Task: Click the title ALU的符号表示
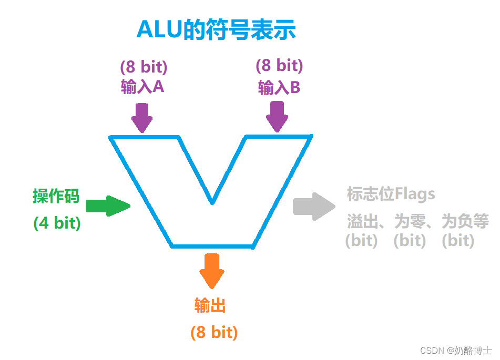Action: [x=216, y=30]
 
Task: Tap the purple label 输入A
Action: [x=142, y=86]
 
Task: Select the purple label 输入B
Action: [x=279, y=87]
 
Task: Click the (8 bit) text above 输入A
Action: [x=143, y=67]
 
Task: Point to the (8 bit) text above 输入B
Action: [x=279, y=66]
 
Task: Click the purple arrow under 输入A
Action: [x=142, y=118]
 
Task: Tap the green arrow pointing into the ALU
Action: [x=107, y=206]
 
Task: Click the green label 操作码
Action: [x=56, y=197]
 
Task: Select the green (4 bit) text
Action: [x=57, y=223]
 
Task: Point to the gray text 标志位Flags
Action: [x=391, y=194]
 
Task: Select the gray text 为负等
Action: [x=465, y=221]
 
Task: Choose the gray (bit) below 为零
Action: [x=410, y=241]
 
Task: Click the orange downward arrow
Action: [x=212, y=271]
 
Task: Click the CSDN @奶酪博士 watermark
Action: [x=453, y=349]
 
